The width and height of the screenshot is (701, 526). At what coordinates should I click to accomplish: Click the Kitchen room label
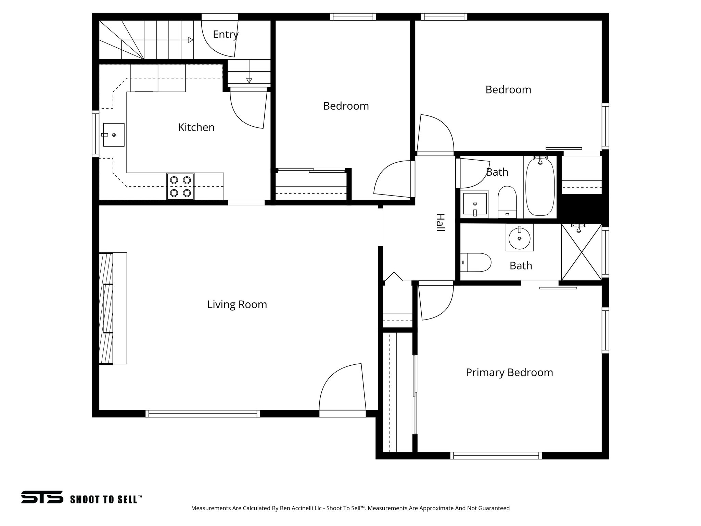point(196,127)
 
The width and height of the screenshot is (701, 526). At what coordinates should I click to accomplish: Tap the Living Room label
point(237,304)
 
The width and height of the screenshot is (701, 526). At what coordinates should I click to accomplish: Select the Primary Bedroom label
point(509,373)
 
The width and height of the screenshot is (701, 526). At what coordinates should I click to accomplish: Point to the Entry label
point(226,35)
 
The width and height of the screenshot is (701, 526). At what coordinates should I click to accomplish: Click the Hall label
point(440,223)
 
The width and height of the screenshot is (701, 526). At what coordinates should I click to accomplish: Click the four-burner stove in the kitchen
point(180,187)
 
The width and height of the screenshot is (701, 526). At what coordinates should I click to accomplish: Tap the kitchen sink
point(113,135)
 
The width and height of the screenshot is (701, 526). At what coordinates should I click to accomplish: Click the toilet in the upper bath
point(507,202)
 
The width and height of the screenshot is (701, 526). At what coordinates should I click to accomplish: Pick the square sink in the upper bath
point(475,204)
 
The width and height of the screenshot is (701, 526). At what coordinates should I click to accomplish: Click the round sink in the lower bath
point(520,238)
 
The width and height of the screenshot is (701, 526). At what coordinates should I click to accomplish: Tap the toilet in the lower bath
point(476,262)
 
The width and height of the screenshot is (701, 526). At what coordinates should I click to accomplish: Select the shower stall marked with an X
point(581,252)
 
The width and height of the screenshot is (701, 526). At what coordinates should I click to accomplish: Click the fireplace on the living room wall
point(113,308)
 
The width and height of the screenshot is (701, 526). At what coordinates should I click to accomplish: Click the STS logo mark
point(42,497)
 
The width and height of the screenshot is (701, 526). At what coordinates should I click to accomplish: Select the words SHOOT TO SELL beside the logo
point(106,499)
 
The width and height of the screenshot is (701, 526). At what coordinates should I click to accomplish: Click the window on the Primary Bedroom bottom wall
point(496,455)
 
